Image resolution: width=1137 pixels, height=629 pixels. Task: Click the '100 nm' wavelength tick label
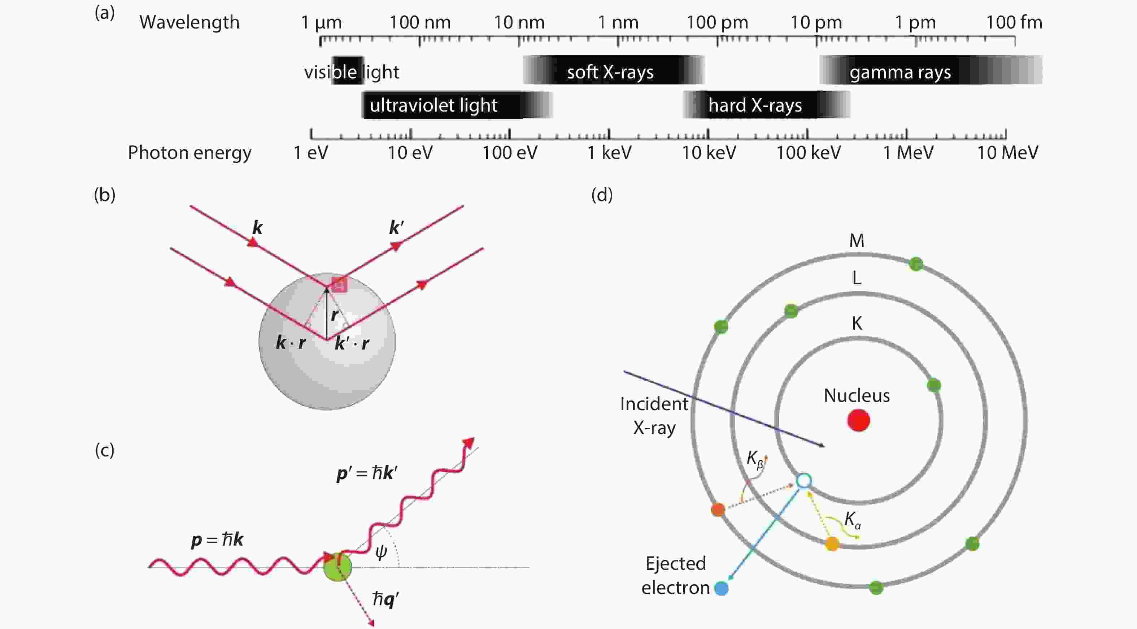(x=420, y=22)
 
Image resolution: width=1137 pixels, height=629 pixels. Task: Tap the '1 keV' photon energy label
(x=609, y=153)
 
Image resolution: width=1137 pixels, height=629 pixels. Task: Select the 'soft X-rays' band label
(x=610, y=72)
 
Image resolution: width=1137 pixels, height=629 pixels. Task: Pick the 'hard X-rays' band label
(x=755, y=105)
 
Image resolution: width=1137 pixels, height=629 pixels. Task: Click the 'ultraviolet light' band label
(x=434, y=105)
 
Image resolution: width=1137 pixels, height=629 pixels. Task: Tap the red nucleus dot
(x=858, y=420)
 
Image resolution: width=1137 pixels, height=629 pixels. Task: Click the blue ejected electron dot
(x=721, y=589)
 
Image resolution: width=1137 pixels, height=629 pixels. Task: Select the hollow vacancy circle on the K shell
(x=804, y=481)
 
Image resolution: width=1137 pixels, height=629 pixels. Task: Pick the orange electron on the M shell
(x=718, y=510)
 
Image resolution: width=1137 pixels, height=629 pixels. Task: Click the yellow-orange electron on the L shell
(x=832, y=544)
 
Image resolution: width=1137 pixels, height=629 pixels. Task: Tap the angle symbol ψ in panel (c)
(x=381, y=552)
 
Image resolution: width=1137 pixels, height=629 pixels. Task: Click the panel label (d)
(x=602, y=195)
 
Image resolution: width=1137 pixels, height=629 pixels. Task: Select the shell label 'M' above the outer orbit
(x=857, y=240)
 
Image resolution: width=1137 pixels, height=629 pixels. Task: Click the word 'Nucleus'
(x=857, y=395)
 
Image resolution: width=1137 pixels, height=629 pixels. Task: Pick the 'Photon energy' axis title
(x=189, y=153)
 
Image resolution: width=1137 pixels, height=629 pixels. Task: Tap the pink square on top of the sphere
(x=339, y=285)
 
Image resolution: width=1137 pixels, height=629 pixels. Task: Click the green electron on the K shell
(x=933, y=385)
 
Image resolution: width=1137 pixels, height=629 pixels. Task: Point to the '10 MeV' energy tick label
(x=1008, y=153)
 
